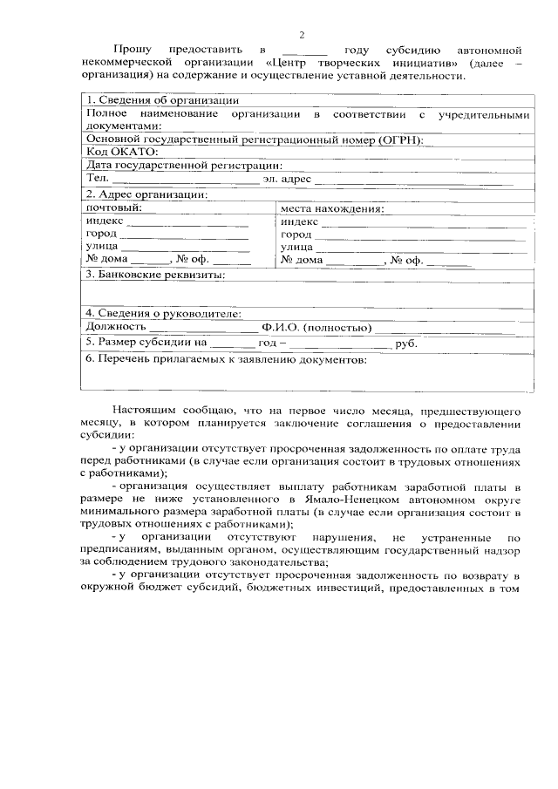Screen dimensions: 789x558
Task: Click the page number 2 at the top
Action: pyautogui.click(x=302, y=36)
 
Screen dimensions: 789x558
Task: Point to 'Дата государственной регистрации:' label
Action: pyautogui.click(x=183, y=165)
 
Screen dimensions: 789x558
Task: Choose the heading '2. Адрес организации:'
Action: pyautogui.click(x=146, y=194)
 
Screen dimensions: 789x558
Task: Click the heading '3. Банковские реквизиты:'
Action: pyautogui.click(x=155, y=275)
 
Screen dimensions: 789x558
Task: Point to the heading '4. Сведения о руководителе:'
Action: pyautogui.click(x=164, y=313)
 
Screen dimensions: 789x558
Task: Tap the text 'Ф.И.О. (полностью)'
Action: pyautogui.click(x=317, y=328)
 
